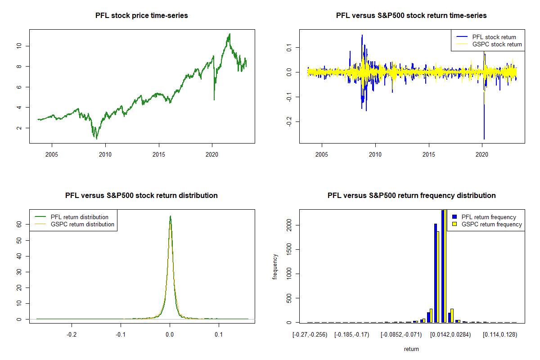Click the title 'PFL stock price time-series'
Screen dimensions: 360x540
point(142,16)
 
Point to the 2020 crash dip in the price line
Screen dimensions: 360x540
point(214,100)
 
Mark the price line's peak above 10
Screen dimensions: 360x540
point(229,34)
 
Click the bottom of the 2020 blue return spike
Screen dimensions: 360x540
point(484,139)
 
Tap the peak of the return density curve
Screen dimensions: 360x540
point(170,216)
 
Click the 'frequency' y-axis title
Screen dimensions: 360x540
point(275,267)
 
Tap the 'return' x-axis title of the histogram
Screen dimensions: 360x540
point(411,349)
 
